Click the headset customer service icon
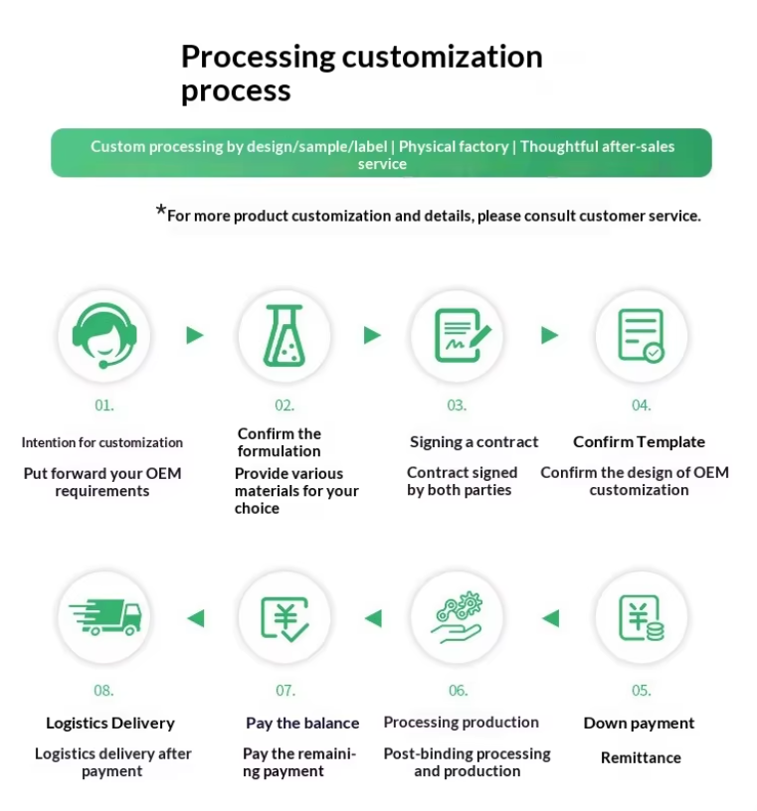point(103,336)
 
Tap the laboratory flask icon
point(284,336)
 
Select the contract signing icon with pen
point(458,336)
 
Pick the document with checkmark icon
point(641,336)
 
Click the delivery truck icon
point(103,618)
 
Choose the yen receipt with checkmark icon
point(284,618)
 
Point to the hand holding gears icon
point(458,618)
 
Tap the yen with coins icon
point(641,618)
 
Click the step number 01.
point(104,405)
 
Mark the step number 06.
point(458,690)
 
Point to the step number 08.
point(104,690)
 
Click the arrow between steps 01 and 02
point(195,336)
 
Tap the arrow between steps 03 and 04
point(550,336)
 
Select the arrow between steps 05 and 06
point(550,618)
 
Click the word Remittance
point(641,757)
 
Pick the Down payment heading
point(639,724)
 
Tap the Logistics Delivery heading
point(110,724)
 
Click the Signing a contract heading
point(473,442)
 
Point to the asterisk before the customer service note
point(160,211)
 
